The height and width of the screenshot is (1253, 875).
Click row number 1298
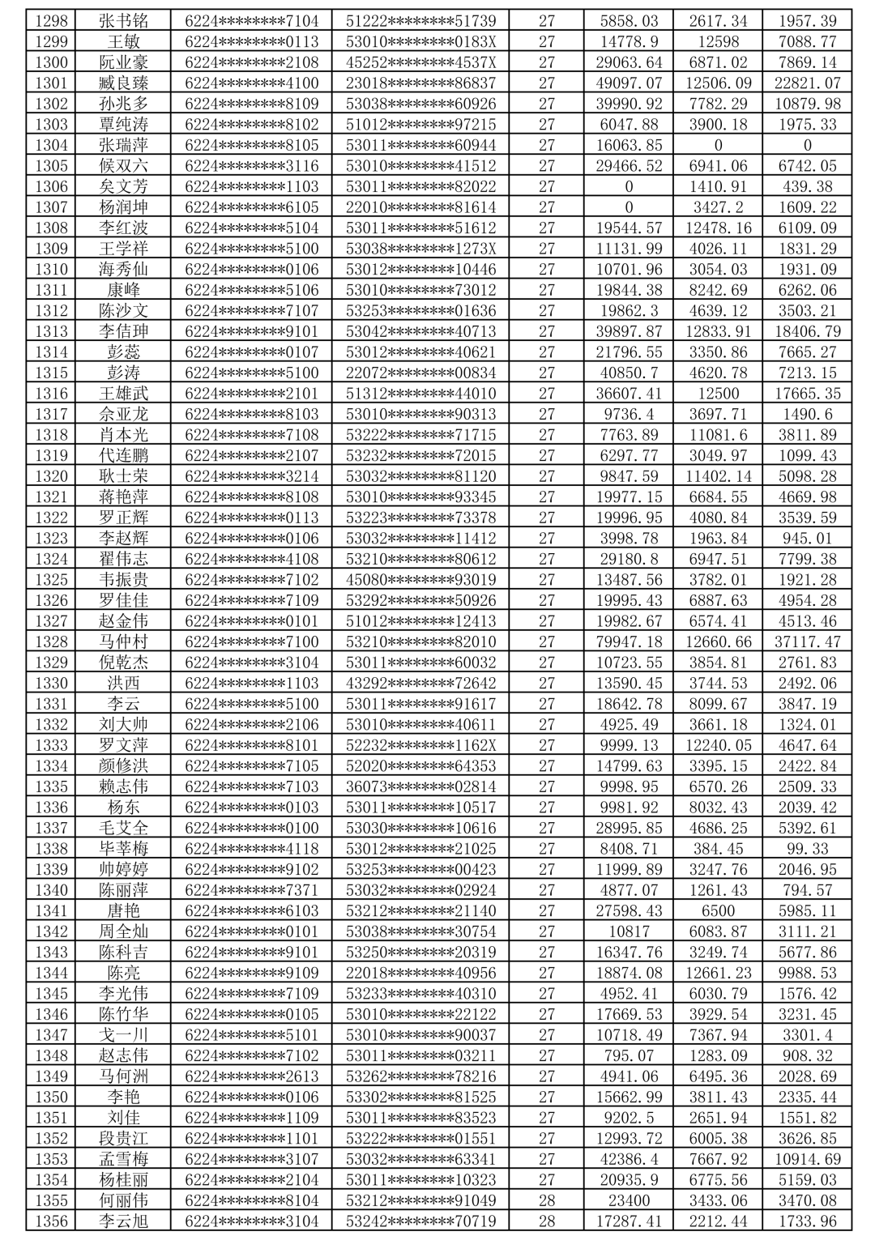51,21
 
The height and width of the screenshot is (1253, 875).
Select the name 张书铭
123,21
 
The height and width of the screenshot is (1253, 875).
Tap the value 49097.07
628,83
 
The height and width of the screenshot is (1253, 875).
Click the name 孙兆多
123,104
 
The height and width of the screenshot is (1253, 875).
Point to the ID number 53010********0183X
420,41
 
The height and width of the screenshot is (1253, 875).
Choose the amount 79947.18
628,641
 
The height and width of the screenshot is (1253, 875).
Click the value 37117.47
807,641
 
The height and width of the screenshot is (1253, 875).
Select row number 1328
51,641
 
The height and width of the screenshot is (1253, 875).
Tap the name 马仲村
123,641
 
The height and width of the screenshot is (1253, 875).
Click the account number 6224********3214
251,476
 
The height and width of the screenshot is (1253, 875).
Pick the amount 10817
628,931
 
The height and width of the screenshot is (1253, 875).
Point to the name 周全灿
123,931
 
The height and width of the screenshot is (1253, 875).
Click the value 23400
628,1200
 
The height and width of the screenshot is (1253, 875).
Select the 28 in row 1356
546,1221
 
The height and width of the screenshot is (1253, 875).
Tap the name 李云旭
123,1221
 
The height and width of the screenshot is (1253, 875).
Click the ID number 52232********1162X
420,745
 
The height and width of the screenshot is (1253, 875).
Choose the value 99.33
807,849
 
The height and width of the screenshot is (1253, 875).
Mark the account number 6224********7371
251,890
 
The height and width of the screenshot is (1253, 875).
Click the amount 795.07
628,1055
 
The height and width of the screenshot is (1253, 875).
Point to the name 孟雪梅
123,1159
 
